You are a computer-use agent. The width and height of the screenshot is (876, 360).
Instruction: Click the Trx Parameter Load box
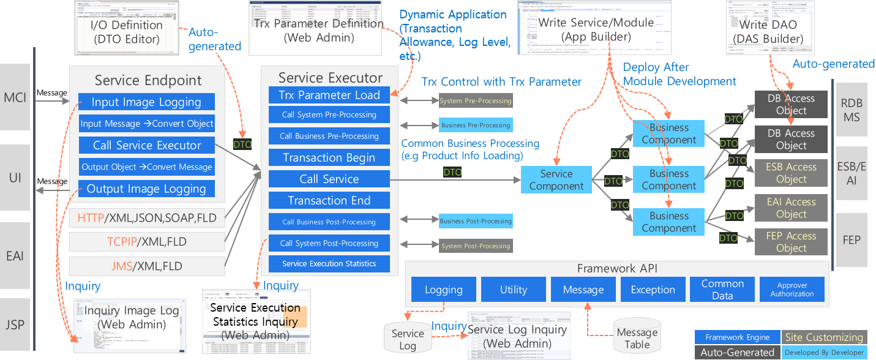[x=329, y=95]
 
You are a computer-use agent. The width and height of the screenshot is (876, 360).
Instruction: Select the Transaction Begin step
[x=329, y=157]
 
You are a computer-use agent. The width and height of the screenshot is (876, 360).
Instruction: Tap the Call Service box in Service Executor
[x=329, y=179]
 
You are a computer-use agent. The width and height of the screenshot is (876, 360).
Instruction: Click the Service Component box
[x=556, y=179]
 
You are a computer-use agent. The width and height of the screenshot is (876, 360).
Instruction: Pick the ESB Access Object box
[x=791, y=173]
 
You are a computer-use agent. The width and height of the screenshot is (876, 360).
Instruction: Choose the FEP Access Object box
[x=791, y=242]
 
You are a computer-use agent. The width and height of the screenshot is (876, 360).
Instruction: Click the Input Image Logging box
[x=146, y=102]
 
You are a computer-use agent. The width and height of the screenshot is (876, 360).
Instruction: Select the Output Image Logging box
[x=146, y=189]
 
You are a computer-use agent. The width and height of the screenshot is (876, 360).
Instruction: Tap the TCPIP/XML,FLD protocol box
[x=147, y=241]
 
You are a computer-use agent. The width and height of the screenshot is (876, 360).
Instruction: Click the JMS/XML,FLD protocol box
[x=147, y=266]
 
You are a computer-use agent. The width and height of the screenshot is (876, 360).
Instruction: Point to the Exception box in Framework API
[x=653, y=290]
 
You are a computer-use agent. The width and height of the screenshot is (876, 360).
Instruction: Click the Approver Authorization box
[x=792, y=290]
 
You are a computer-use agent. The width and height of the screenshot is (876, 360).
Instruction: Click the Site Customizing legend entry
[x=824, y=337]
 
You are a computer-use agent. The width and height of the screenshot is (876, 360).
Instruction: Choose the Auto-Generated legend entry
[x=737, y=352]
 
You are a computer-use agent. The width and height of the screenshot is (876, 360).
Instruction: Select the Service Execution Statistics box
[x=329, y=264]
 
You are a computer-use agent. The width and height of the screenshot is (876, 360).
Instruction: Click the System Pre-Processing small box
[x=476, y=100]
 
